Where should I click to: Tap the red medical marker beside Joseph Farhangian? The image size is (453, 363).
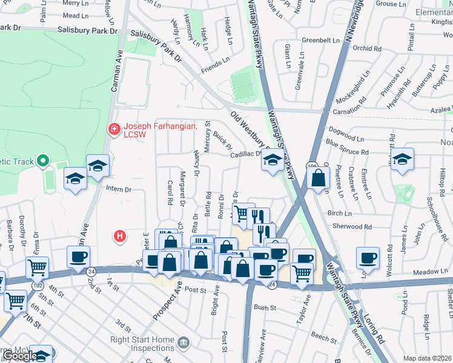[113, 128]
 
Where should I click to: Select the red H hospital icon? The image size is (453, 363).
[120, 235]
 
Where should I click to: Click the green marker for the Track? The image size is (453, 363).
[42, 161]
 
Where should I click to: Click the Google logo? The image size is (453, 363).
[19, 356]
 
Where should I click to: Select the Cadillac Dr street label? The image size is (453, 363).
[245, 154]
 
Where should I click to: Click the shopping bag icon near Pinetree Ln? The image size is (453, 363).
[318, 178]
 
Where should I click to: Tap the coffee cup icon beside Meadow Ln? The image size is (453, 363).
[368, 258]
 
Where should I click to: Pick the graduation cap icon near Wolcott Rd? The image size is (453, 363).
[402, 159]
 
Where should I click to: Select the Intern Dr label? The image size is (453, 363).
[119, 189]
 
